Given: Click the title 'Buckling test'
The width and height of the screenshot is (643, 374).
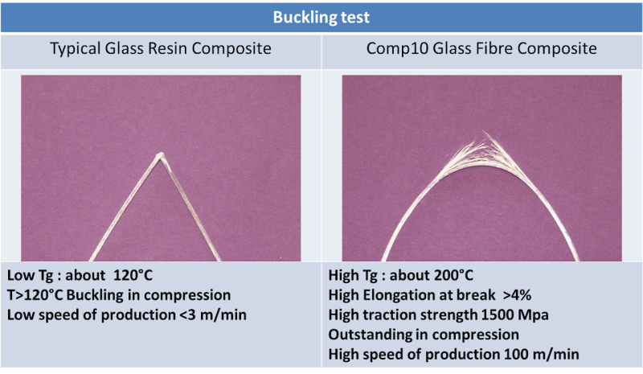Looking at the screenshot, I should [321, 16].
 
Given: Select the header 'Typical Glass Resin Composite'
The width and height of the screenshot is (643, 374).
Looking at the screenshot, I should [161, 49].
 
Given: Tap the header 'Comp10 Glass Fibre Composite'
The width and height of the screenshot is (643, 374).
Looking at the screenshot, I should [481, 49].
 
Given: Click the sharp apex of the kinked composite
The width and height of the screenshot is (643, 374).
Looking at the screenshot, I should [160, 154].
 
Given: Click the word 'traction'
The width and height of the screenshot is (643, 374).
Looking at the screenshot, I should [395, 314].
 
